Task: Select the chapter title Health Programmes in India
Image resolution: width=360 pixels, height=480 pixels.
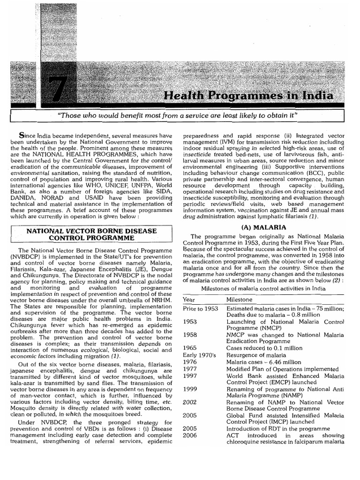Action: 248,96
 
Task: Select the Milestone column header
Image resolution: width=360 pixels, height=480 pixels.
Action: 239,300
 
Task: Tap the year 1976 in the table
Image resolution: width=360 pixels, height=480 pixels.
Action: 190,362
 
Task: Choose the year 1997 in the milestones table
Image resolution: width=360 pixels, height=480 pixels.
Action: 190,375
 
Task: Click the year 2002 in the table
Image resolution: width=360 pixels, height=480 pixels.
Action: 190,402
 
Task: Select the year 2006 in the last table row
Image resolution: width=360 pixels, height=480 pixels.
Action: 190,435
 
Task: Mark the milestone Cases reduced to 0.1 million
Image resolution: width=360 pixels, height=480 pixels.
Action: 264,348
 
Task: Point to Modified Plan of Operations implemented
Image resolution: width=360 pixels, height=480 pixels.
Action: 282,369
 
